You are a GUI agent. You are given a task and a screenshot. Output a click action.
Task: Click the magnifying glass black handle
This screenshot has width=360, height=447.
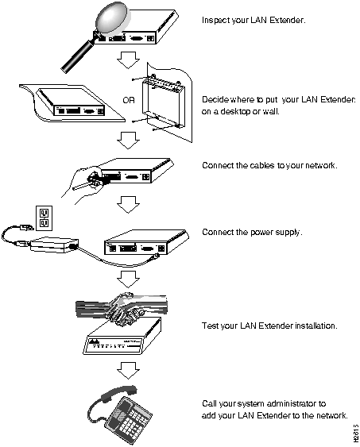(77, 56)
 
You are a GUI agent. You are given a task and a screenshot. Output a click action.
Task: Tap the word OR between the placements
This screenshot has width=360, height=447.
(129, 100)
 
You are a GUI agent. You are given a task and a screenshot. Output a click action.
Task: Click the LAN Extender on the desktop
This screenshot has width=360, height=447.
(72, 102)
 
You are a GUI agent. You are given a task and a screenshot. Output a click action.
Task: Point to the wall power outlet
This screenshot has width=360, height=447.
(45, 218)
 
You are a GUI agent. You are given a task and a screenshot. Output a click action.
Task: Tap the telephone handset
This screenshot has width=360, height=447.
(115, 394)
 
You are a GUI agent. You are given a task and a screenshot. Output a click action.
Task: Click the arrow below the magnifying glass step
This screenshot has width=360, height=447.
(128, 60)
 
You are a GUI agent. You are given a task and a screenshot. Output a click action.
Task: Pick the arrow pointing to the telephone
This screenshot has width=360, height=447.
(128, 371)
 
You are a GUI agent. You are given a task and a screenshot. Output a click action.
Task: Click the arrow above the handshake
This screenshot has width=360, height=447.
(128, 279)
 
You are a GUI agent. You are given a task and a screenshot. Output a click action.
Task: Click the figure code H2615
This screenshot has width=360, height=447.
(355, 434)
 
